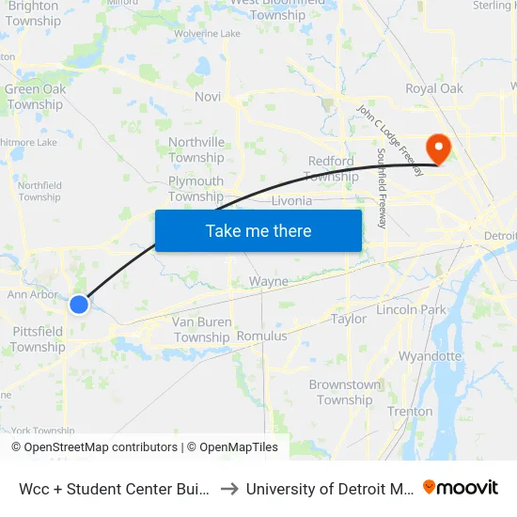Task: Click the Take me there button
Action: [x=258, y=230]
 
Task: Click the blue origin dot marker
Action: [x=79, y=305]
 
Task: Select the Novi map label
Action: [x=208, y=97]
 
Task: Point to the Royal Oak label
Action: [x=434, y=88]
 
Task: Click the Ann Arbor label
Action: [x=33, y=294]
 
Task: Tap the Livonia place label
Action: [x=290, y=201]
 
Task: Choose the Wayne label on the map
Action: [x=269, y=281]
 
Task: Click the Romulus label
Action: [x=262, y=336]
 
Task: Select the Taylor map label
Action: [x=349, y=319]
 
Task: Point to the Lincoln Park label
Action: [x=411, y=309]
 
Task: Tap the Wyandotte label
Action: [x=431, y=356]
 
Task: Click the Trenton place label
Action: [x=410, y=411]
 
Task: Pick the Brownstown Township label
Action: [x=345, y=392]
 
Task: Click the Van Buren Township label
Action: [x=202, y=329]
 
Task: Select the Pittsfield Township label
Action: [x=38, y=338]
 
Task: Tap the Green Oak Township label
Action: [x=35, y=97]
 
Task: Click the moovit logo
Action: [x=461, y=487]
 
